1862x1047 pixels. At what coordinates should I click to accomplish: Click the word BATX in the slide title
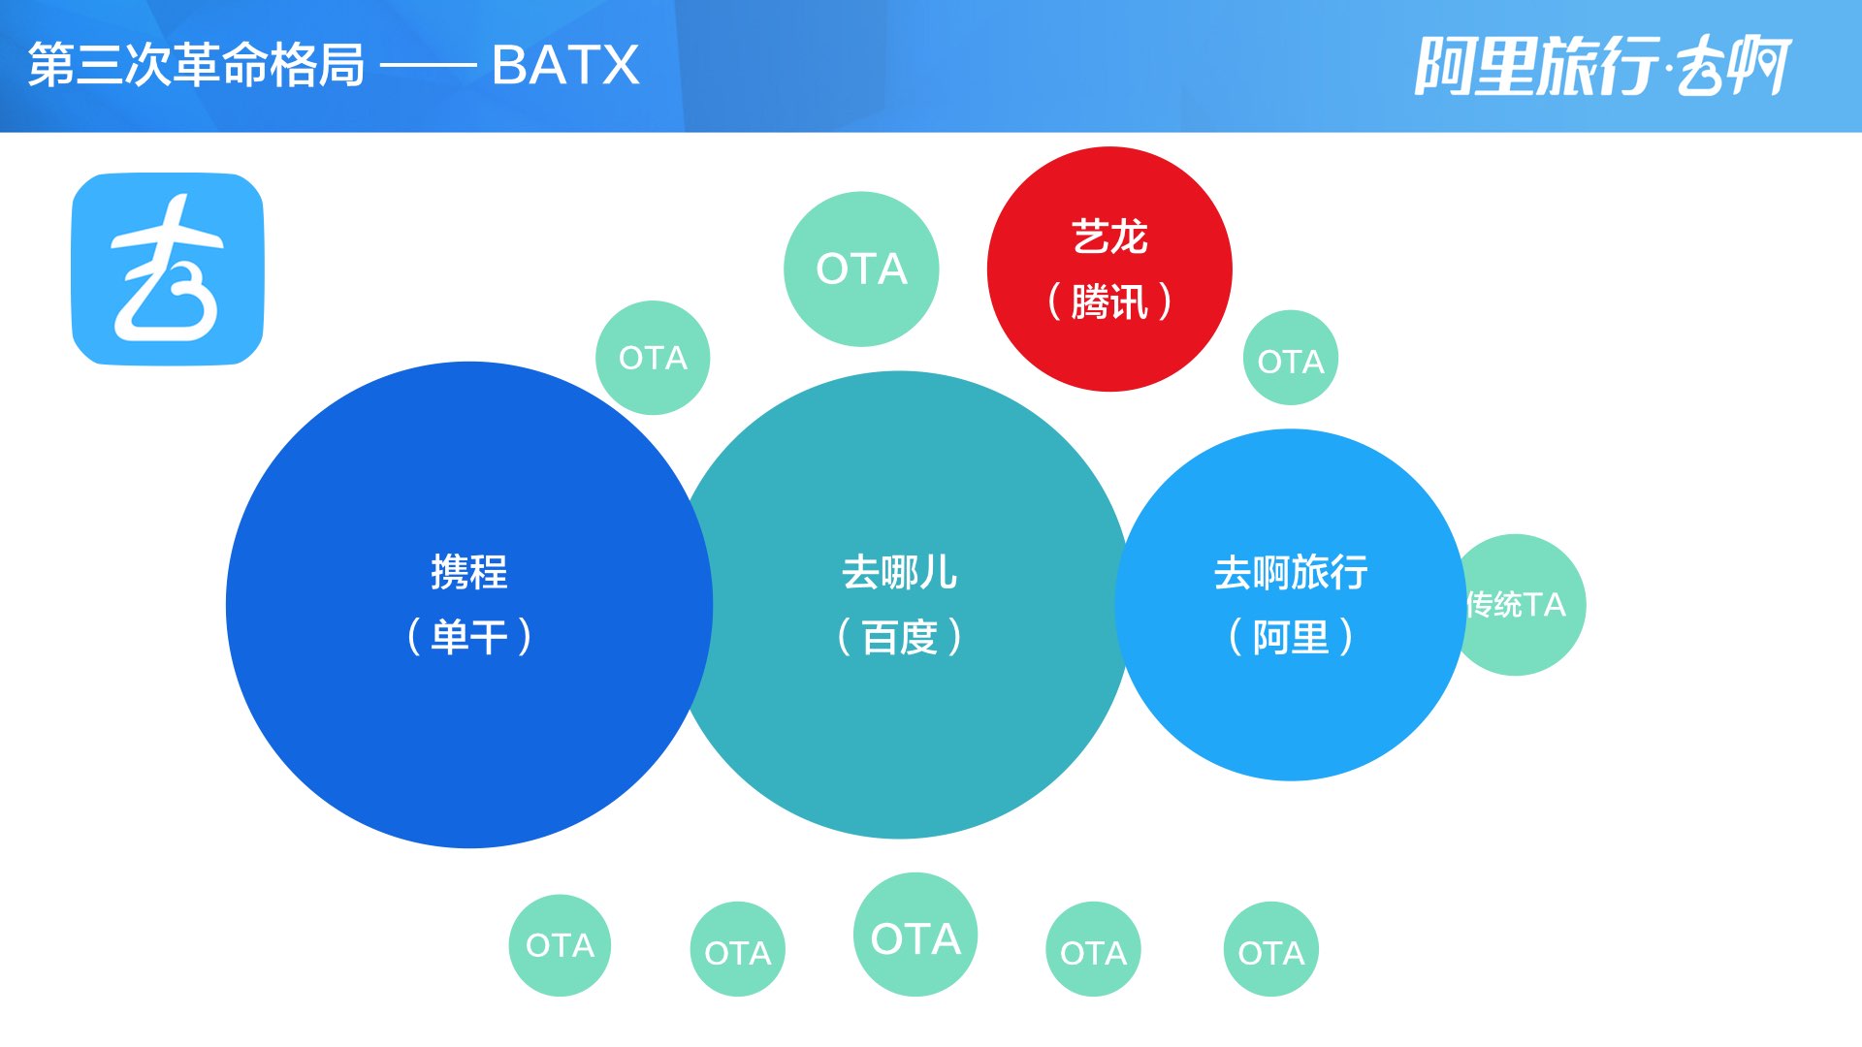(x=565, y=66)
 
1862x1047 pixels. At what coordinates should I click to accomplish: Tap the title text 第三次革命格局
(x=196, y=66)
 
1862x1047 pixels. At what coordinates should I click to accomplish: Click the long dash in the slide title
(x=428, y=67)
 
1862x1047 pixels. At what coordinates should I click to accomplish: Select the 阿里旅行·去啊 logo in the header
(x=1602, y=66)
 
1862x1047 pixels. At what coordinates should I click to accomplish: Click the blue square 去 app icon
(x=168, y=269)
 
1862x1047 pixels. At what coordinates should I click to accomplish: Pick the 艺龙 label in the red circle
(x=1109, y=238)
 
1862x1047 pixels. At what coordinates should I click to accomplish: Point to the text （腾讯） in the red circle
(x=1109, y=301)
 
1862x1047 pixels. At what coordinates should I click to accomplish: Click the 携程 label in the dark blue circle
(x=468, y=572)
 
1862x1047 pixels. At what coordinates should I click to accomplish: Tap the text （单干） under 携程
(x=468, y=637)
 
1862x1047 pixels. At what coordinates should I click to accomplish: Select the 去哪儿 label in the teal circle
(x=899, y=572)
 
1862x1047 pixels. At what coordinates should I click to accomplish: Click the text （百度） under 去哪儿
(x=899, y=637)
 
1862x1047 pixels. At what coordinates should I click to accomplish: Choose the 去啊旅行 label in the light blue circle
(x=1291, y=572)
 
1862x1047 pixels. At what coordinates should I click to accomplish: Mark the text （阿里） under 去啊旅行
(x=1291, y=637)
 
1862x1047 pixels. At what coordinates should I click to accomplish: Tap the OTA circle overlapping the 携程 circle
(x=653, y=358)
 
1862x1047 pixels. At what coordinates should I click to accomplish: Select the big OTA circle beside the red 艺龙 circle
(x=861, y=269)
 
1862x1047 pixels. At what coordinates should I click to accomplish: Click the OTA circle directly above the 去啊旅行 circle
(x=1290, y=361)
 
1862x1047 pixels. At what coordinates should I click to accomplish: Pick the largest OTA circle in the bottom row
(x=915, y=936)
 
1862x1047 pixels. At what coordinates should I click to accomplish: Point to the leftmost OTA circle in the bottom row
(x=560, y=945)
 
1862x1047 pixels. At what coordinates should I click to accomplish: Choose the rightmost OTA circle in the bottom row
(x=1270, y=951)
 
